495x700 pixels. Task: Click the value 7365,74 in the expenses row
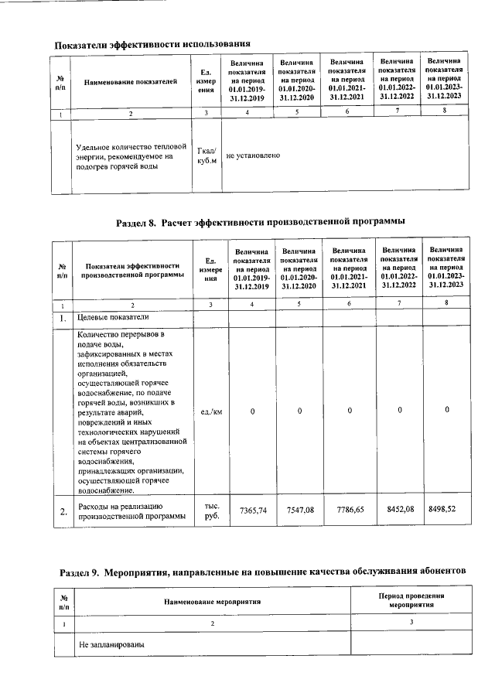tap(254, 510)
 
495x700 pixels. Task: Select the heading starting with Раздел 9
tap(263, 572)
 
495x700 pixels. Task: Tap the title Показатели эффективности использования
tap(152, 43)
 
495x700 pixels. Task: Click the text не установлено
tap(253, 155)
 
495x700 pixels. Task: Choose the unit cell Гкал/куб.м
tap(206, 155)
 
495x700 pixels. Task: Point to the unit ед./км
tap(211, 411)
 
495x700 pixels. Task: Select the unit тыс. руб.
tap(211, 511)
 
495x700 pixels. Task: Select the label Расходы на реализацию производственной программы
tap(132, 511)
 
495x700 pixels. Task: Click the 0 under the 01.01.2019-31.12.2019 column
tap(253, 411)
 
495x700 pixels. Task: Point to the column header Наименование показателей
tap(131, 81)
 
